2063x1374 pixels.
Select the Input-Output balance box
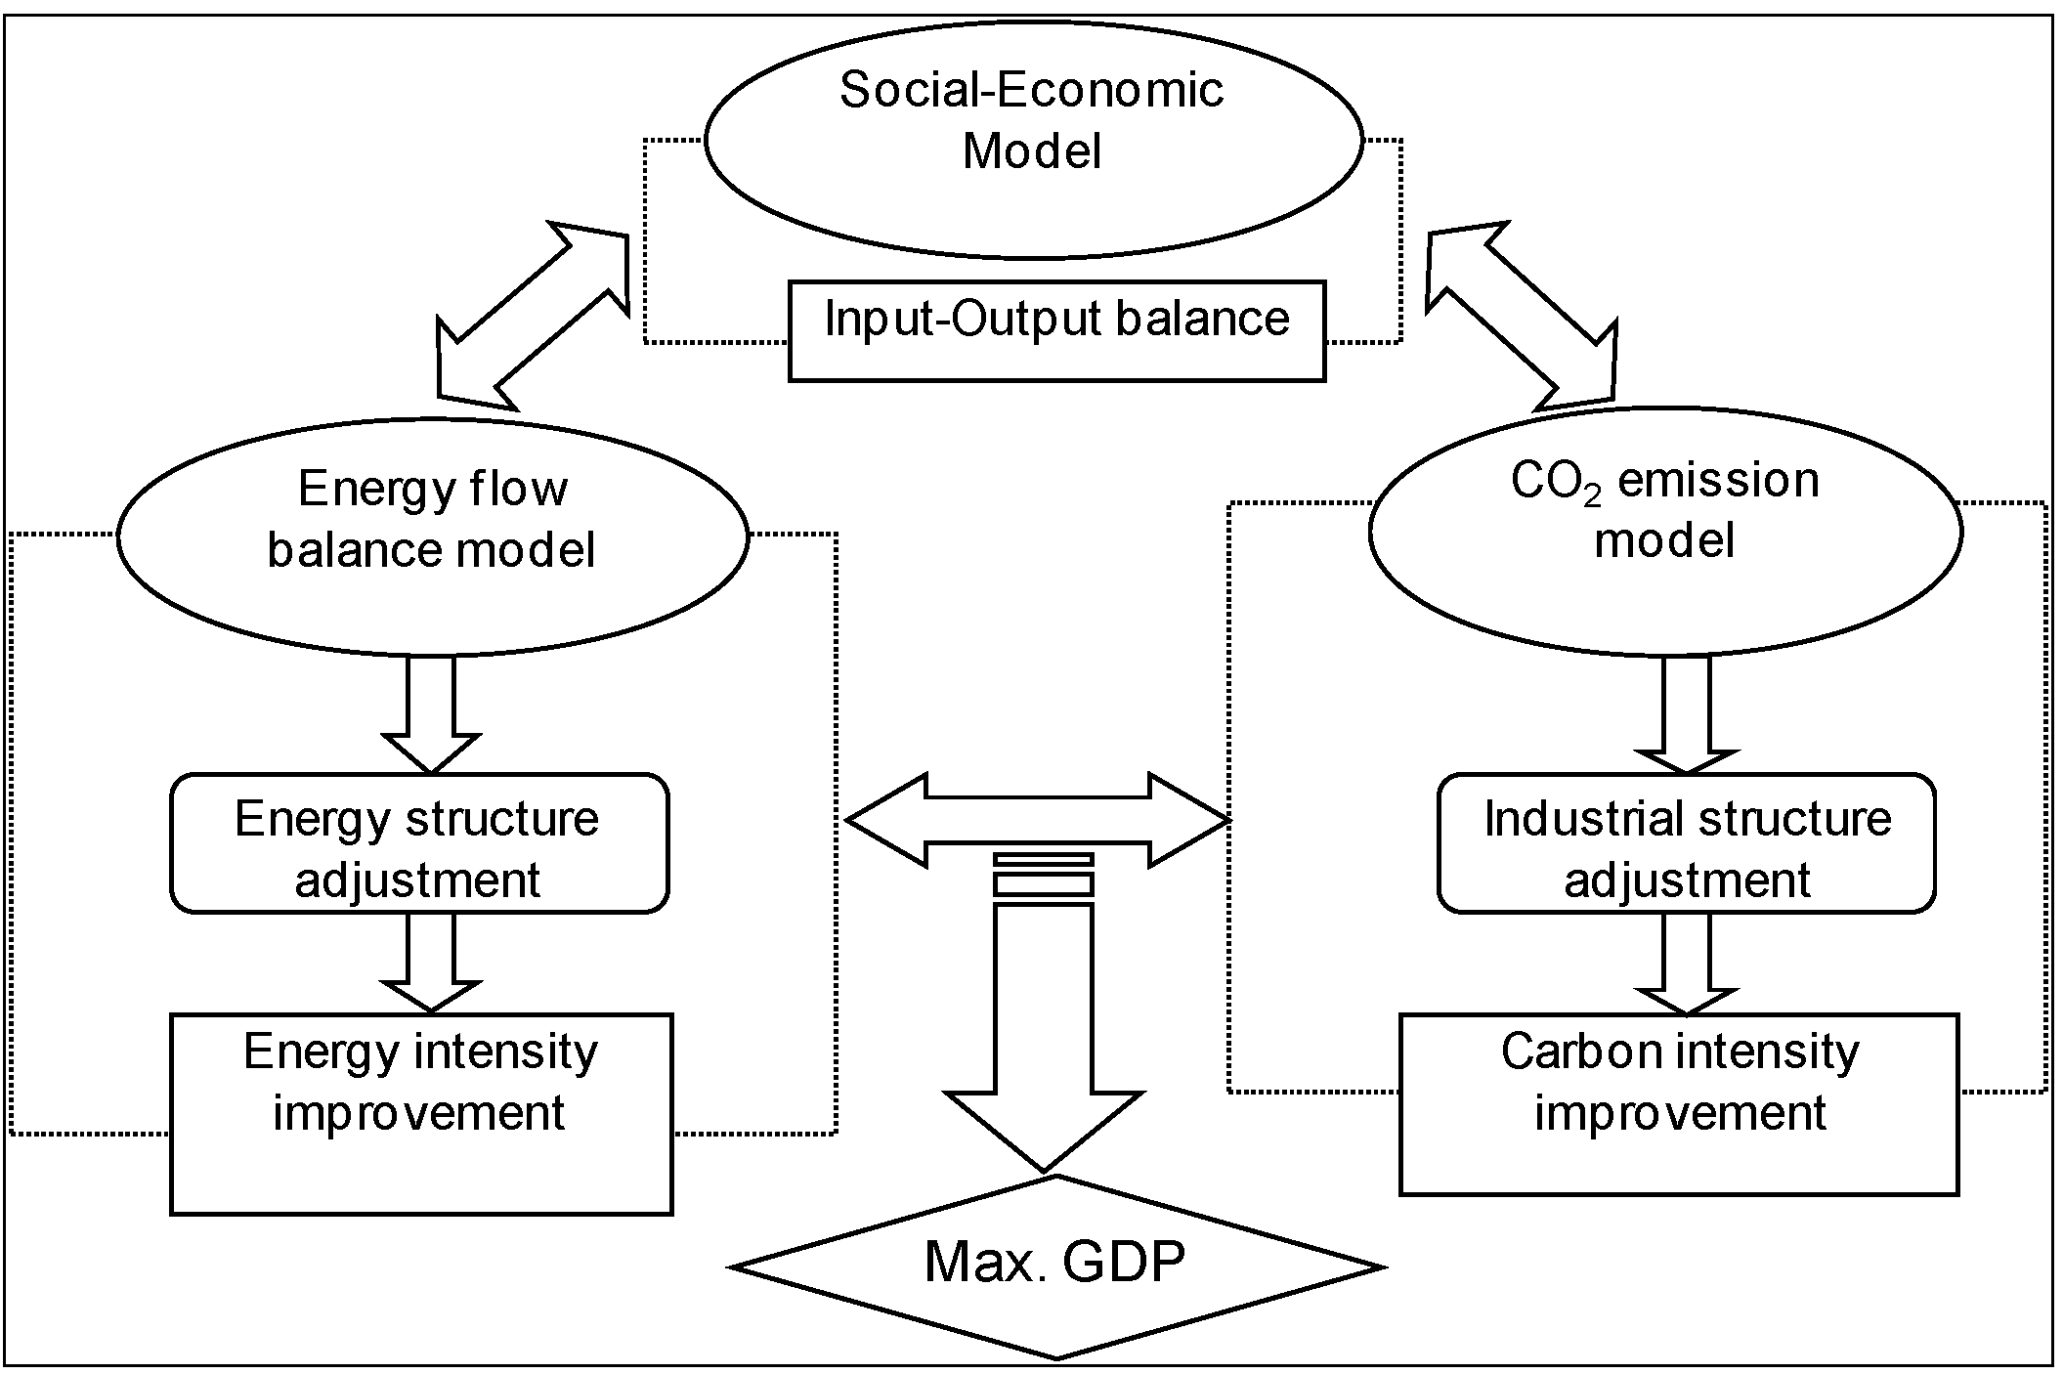[x=1056, y=330]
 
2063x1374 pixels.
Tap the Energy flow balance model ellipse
[x=433, y=536]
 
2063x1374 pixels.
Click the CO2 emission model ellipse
[x=1664, y=531]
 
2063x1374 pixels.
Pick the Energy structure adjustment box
[x=419, y=843]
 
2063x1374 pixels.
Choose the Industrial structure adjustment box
[x=1686, y=843]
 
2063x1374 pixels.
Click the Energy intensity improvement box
[x=421, y=1114]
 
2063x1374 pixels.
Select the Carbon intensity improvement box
[x=1679, y=1104]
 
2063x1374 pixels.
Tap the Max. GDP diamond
[x=1056, y=1267]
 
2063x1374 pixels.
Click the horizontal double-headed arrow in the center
[x=1036, y=820]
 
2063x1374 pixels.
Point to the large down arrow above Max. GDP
[x=1043, y=1036]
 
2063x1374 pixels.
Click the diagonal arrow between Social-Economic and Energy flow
[x=533, y=316]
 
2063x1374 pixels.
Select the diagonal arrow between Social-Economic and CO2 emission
[x=1521, y=316]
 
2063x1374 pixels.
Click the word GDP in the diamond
[x=1124, y=1262]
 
